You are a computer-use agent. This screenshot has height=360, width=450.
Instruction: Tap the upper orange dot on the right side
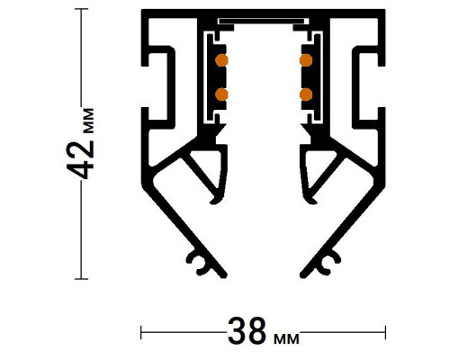pyautogui.click(x=305, y=61)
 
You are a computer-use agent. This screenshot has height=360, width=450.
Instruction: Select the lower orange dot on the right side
pyautogui.click(x=305, y=93)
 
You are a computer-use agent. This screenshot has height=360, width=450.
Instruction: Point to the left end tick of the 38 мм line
pyautogui.click(x=141, y=332)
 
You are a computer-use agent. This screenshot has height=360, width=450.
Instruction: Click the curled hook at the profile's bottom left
pyautogui.click(x=205, y=262)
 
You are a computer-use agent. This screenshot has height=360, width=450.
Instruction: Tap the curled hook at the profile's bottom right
pyautogui.click(x=321, y=262)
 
